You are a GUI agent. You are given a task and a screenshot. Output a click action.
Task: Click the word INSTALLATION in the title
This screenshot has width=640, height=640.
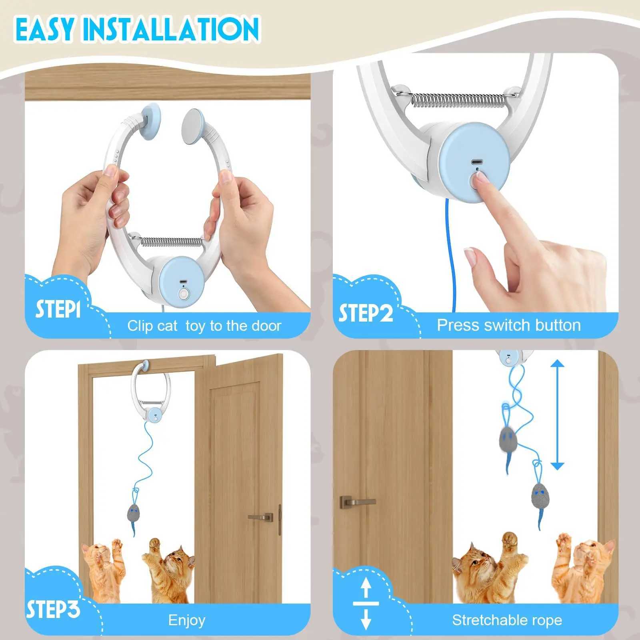click(x=172, y=29)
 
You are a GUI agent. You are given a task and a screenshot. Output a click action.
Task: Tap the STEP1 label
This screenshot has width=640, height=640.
click(x=58, y=309)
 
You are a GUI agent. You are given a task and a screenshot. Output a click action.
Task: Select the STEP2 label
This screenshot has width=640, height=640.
click(x=366, y=313)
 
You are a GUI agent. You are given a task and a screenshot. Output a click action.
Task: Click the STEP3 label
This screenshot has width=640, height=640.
click(x=53, y=609)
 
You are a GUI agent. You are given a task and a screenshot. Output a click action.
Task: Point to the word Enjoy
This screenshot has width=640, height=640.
click(x=187, y=620)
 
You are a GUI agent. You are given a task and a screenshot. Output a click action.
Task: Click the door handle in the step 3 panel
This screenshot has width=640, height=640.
click(x=260, y=517)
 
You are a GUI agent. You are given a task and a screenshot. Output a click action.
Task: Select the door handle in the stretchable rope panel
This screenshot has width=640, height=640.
click(x=357, y=502)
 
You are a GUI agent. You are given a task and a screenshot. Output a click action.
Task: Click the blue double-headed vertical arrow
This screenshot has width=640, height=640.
click(x=557, y=414)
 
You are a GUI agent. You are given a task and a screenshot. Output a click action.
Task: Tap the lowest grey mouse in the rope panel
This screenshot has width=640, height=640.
click(x=540, y=498)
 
